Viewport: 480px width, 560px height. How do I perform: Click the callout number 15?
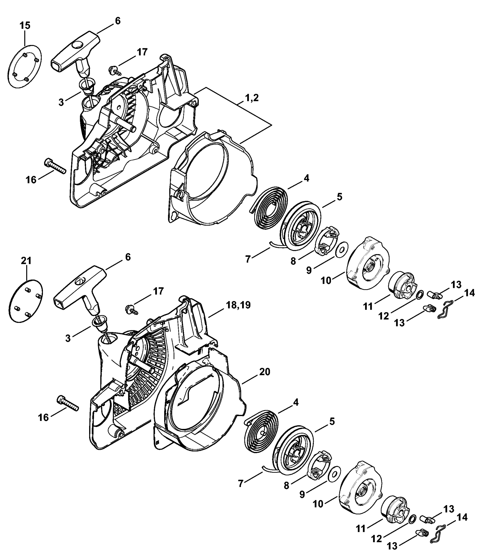[25, 26]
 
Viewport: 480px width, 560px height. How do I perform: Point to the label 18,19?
[238, 305]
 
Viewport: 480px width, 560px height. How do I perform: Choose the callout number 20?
[265, 372]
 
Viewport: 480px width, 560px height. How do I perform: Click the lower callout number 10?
[318, 504]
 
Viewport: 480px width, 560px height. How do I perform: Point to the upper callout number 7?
[248, 259]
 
